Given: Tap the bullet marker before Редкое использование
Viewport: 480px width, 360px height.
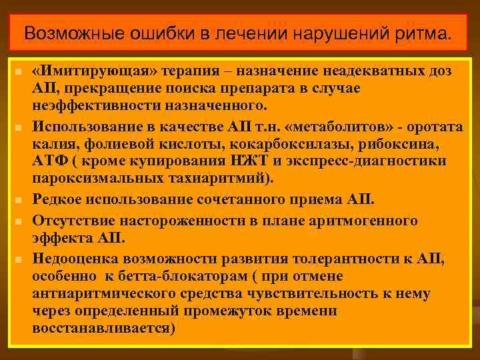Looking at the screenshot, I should (x=21, y=199).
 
